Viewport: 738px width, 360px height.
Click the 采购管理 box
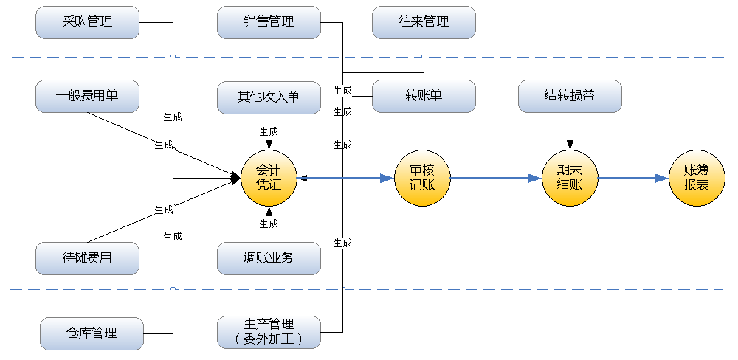87,22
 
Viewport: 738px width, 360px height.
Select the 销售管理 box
269,22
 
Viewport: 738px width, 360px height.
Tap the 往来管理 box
424,22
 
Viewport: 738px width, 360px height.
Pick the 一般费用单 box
87,96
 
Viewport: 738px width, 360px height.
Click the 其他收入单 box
269,97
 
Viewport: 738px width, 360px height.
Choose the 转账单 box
424,96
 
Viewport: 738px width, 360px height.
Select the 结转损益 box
570,96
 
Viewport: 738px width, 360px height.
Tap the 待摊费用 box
87,258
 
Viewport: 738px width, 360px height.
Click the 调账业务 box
269,258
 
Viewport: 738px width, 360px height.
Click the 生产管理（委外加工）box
269,332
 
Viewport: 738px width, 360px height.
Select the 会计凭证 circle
269,178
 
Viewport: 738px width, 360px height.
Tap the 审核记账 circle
422,178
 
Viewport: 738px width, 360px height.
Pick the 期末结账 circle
570,178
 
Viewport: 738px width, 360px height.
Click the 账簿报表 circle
697,178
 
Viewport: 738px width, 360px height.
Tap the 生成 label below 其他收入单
269,131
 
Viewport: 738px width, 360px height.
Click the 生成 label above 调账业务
269,224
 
